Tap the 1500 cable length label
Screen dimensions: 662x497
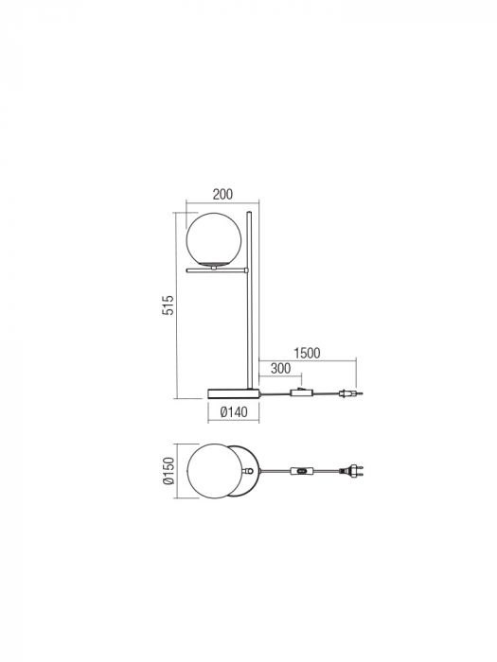coord(307,353)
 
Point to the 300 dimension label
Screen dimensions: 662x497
coord(281,368)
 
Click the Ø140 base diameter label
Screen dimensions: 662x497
coord(233,412)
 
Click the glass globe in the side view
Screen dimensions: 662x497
coord(214,241)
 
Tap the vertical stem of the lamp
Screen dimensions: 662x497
coord(250,322)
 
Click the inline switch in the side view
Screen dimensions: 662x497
coord(301,392)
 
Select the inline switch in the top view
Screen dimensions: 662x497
coord(302,470)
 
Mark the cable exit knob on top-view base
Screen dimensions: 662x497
coord(249,470)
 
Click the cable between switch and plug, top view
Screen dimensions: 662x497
coord(328,470)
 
